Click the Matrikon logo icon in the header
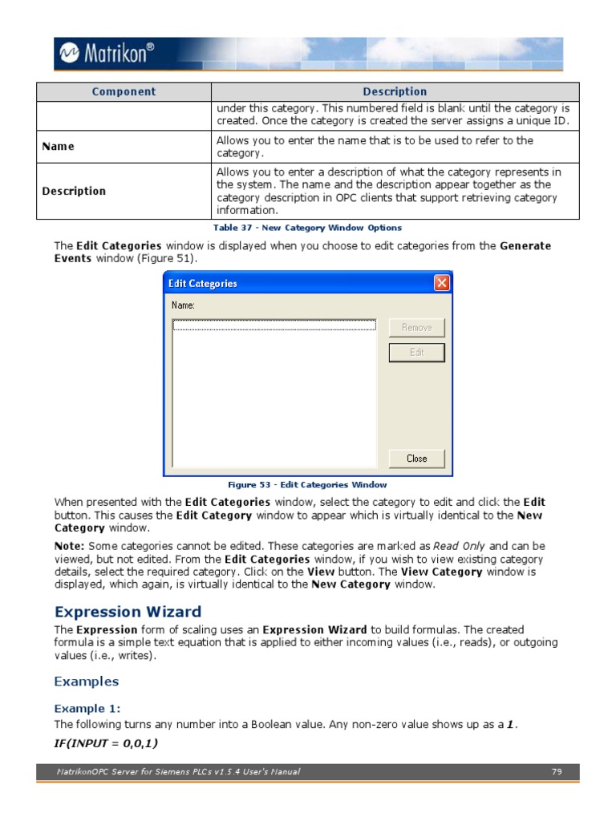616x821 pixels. [67, 54]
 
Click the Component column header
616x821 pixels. [124, 91]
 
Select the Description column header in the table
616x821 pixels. [395, 91]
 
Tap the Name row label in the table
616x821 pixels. [58, 147]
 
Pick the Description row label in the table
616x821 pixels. [74, 191]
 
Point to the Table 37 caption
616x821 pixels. [307, 228]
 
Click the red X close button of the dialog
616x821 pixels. [441, 283]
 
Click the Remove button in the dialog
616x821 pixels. [416, 327]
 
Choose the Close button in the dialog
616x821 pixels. [416, 459]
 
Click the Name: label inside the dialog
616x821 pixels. [183, 305]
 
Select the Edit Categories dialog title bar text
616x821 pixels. [201, 284]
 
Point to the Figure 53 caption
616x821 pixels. [307, 484]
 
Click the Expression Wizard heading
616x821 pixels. [128, 613]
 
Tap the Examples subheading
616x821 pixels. [86, 681]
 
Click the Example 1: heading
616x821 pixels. [87, 709]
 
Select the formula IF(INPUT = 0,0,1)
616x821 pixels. [106, 744]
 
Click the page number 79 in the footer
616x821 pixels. [557, 772]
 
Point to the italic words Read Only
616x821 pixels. [459, 546]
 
